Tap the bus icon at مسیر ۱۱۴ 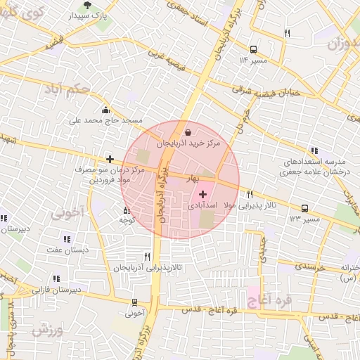pos(253,49)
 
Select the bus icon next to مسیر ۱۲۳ pos(304,208)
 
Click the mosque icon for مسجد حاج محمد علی pos(105,110)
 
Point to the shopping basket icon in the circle pos(188,132)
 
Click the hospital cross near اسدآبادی pos(203,193)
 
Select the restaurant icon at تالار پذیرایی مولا pos(249,195)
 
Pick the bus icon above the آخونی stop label pos(134,302)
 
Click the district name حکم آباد pos(67,89)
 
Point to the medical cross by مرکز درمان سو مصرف pos(109,160)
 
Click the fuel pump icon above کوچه pos(127,210)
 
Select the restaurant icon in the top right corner pos(286,33)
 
